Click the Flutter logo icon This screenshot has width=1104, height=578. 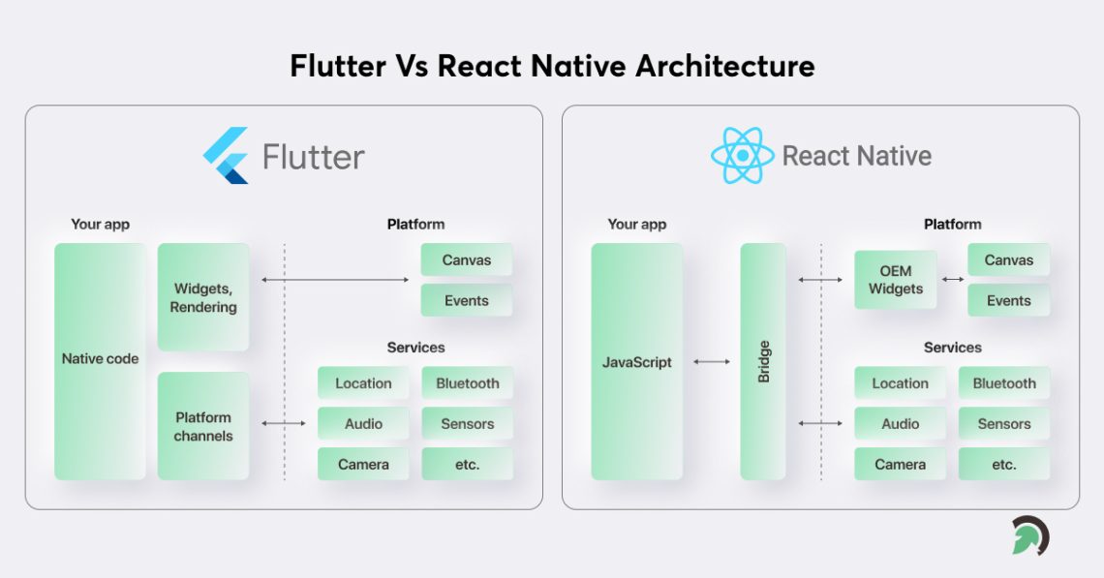coord(226,156)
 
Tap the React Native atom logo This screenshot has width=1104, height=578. coord(742,156)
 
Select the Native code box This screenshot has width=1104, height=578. coord(100,361)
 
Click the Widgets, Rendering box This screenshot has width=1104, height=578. coord(203,297)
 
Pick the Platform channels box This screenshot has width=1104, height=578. coord(203,426)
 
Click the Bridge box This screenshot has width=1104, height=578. coord(763,361)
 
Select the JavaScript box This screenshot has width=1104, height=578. coord(636,361)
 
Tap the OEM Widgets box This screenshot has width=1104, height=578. coord(895,280)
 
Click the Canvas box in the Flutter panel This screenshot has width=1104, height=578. coord(466,259)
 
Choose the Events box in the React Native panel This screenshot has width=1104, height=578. coord(1008,300)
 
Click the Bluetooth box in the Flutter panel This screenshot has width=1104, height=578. coord(467,383)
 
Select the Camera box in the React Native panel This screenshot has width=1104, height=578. coord(900,464)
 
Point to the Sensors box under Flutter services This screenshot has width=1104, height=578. coord(467,424)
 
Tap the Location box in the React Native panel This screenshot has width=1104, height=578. coord(900,383)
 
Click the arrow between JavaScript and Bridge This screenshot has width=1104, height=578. coord(712,362)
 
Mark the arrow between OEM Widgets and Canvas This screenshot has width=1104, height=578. coord(952,280)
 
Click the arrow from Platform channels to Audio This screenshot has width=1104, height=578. coord(283,423)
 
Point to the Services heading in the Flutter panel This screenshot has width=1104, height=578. coord(415,348)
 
